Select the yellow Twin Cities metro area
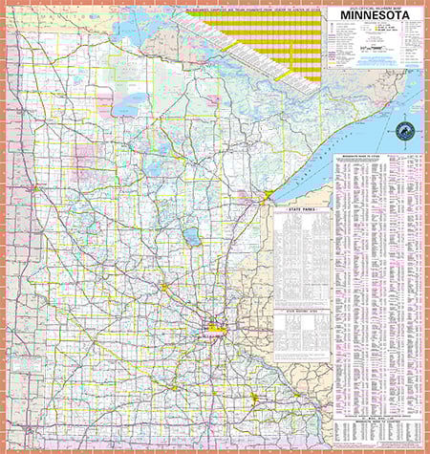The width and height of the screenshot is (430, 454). click(x=212, y=331)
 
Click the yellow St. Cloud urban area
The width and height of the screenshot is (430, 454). click(x=164, y=286)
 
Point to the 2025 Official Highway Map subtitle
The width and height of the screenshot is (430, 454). click(x=374, y=11)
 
